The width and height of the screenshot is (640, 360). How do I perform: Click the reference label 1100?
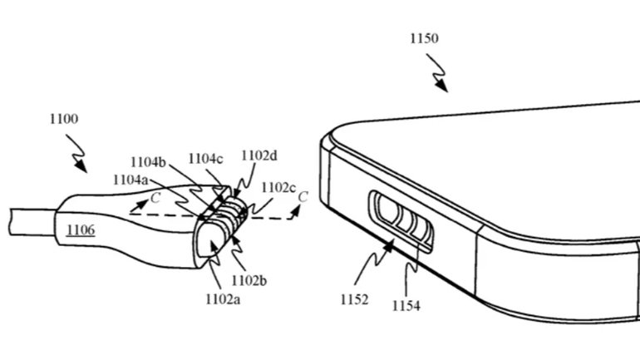tap(63, 119)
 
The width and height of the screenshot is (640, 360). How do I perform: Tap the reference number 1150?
tap(424, 38)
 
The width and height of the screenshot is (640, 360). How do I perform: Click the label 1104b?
tap(150, 164)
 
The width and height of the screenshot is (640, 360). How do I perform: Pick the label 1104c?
tap(204, 158)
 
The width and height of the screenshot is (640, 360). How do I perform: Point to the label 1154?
tap(406, 305)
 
